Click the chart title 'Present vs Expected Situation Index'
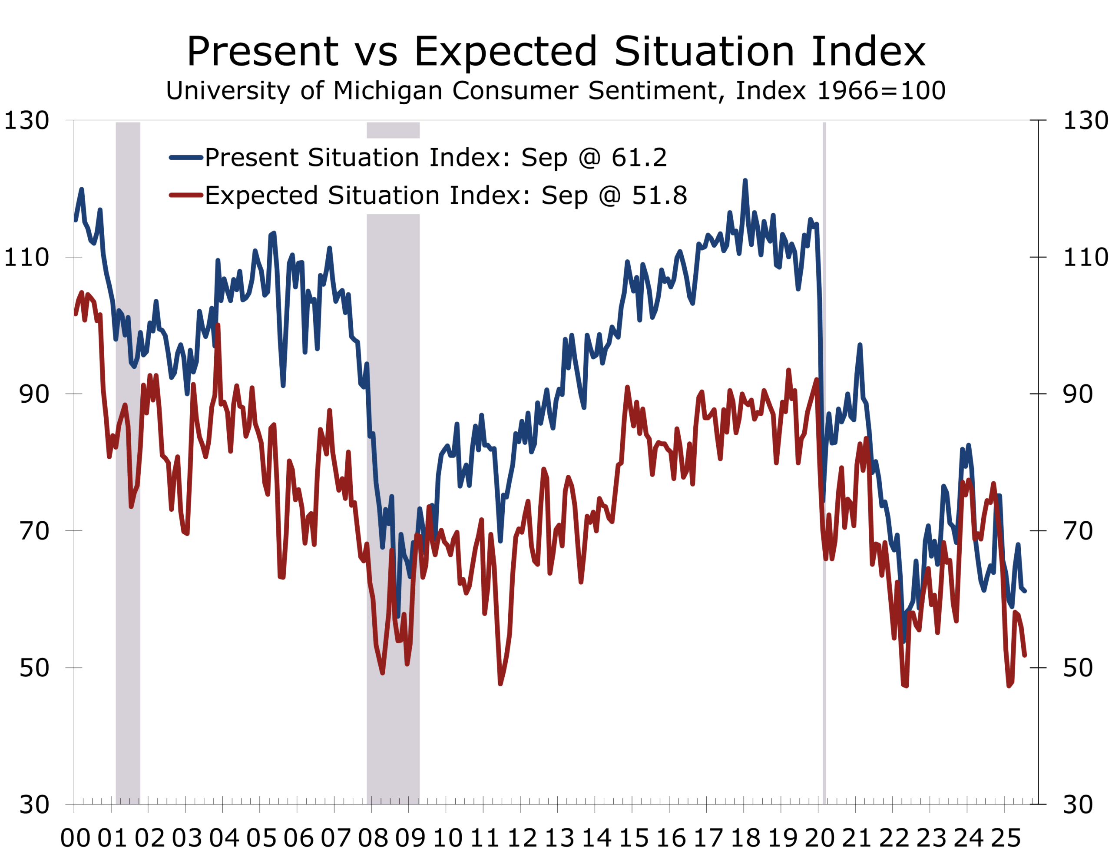point(556,51)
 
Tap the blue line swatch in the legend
point(186,158)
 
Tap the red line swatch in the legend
point(186,195)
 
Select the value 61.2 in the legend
point(639,158)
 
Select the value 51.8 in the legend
point(659,195)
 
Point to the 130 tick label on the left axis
point(26,121)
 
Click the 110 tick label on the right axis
point(1085,257)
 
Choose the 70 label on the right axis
point(1077,531)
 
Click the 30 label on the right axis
point(1077,804)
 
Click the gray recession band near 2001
point(128,457)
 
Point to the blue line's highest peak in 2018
point(745,181)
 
